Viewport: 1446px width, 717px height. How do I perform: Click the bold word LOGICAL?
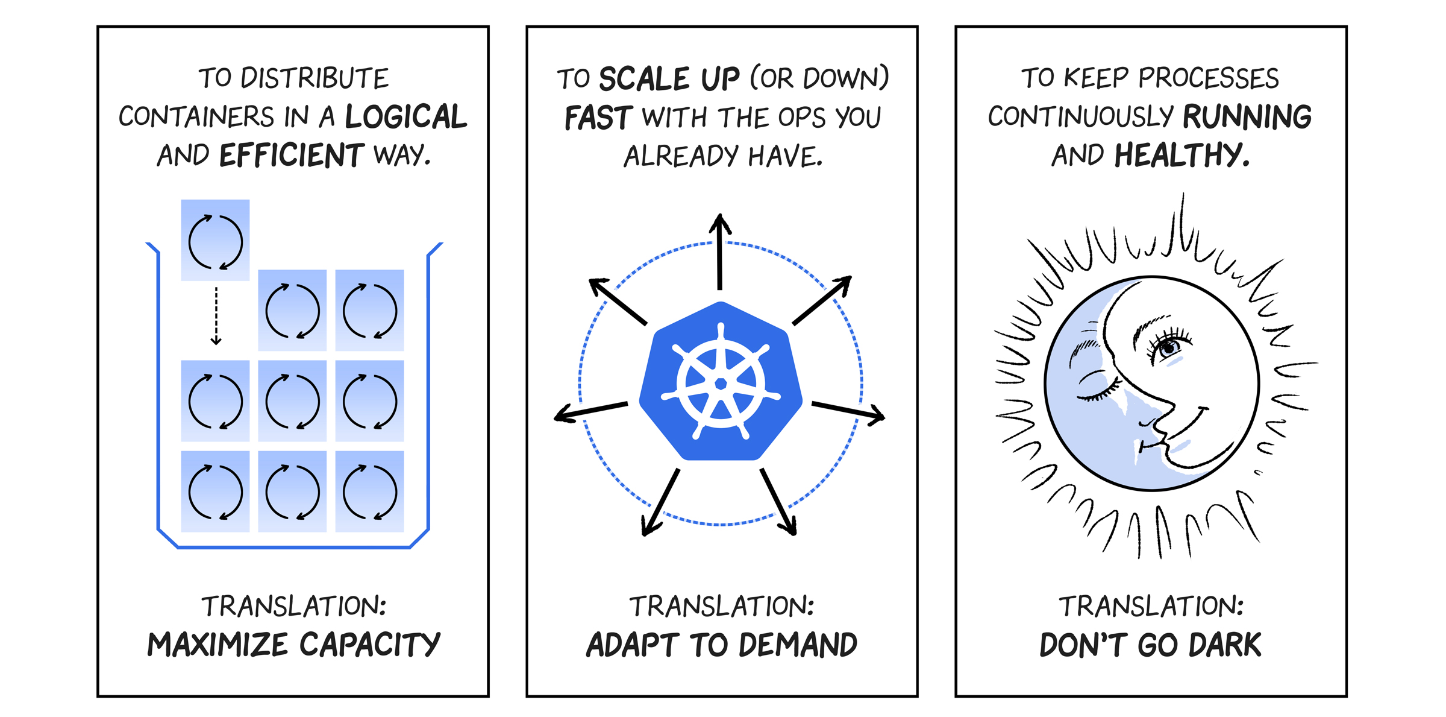click(x=405, y=116)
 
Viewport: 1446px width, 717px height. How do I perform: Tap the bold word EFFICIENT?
click(x=291, y=155)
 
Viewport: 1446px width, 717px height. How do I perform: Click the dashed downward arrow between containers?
click(x=216, y=315)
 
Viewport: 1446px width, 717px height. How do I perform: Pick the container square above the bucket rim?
click(x=215, y=240)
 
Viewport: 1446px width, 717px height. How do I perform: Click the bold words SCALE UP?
click(x=669, y=79)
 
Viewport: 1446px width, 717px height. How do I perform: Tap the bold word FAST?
click(x=598, y=118)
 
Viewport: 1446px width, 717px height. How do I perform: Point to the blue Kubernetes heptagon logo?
click(x=721, y=382)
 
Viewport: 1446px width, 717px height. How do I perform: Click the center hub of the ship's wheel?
click(x=721, y=384)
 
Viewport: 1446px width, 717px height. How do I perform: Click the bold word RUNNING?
click(x=1247, y=116)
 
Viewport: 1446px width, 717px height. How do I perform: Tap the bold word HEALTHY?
click(x=1182, y=155)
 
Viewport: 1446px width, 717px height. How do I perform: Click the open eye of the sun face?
click(x=1169, y=347)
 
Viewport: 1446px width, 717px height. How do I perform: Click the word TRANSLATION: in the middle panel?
click(x=721, y=606)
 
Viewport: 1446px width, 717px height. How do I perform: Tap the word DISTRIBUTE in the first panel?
click(x=315, y=78)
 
